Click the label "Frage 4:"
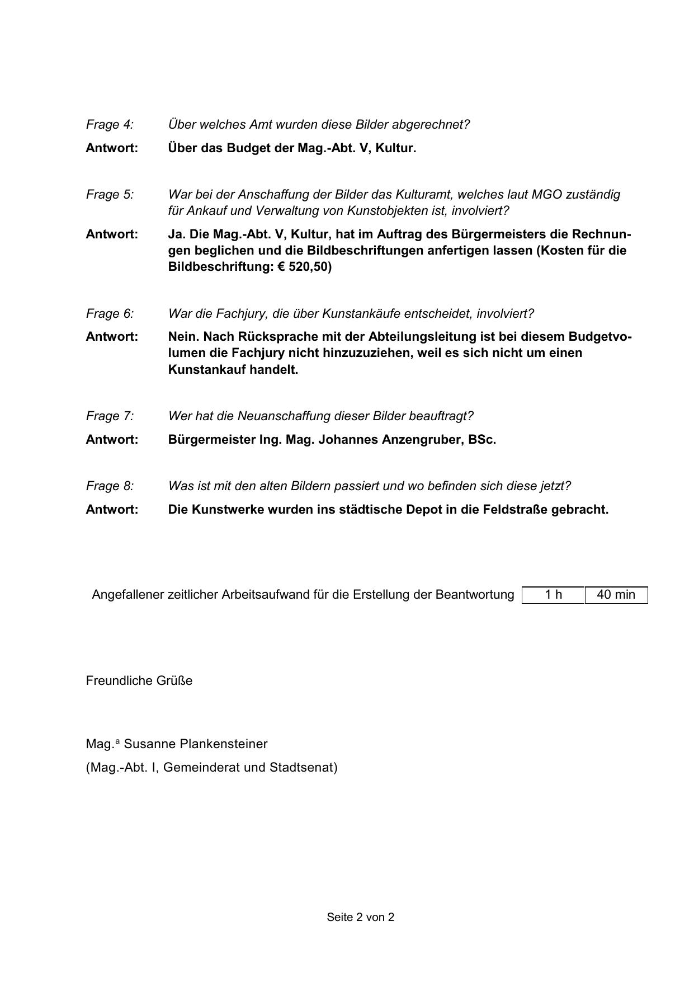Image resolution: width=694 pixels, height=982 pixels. [110, 124]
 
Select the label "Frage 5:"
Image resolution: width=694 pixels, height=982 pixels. [110, 194]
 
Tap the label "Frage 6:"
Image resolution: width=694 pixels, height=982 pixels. [110, 313]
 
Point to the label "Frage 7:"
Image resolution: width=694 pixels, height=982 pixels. [110, 416]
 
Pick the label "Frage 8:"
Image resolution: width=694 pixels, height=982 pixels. [110, 486]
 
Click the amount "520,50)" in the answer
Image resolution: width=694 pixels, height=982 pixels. [310, 266]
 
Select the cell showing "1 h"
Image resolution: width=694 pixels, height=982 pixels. [553, 594]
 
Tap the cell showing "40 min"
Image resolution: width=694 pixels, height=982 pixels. [616, 594]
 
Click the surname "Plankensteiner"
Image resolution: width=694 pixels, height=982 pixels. [224, 744]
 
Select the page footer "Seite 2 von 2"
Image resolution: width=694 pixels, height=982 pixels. [361, 917]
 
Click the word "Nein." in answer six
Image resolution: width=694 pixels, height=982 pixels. [184, 336]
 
